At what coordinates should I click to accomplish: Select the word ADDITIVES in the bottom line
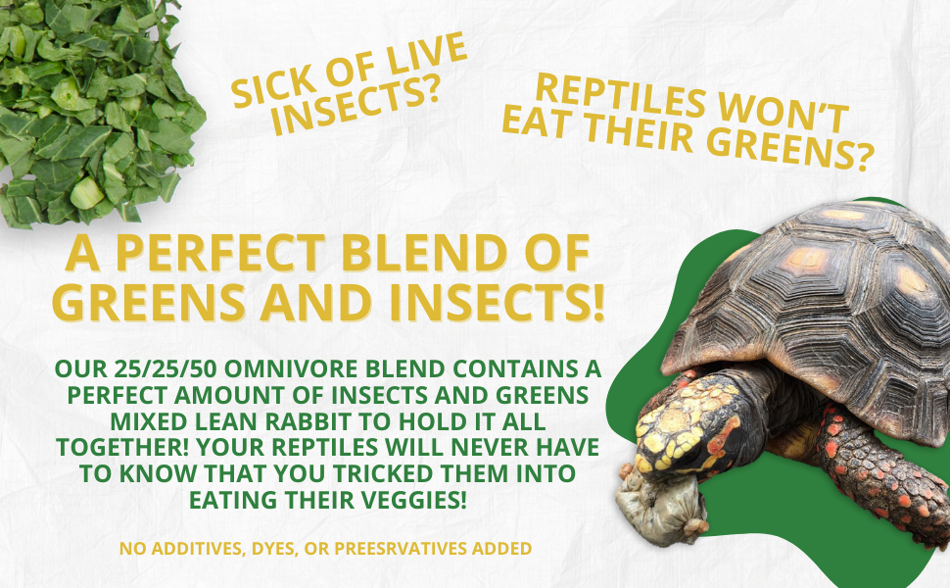pos(178,548)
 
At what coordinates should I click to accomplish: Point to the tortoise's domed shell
pos(832,294)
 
